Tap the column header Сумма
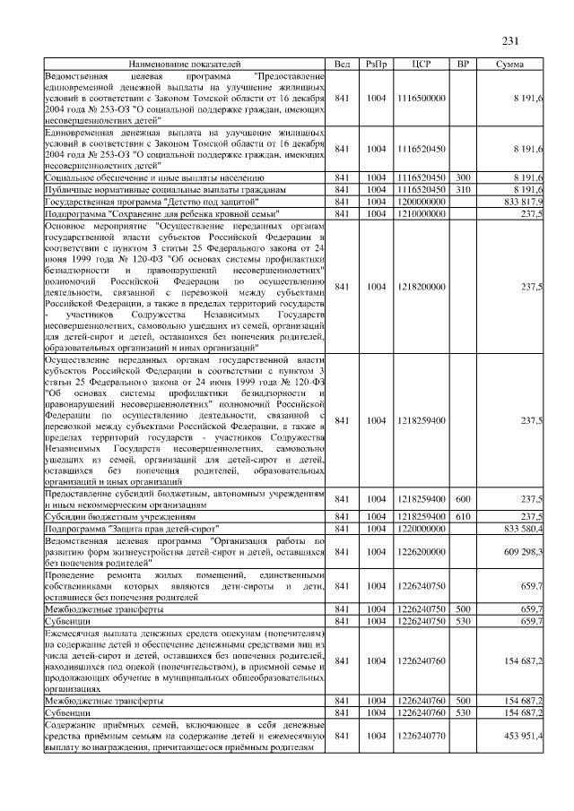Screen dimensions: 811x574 509,65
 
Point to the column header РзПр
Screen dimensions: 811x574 377,65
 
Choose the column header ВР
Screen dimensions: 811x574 463,65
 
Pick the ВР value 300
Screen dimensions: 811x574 463,178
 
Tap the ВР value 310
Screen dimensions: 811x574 463,190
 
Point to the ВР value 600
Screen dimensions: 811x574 463,498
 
